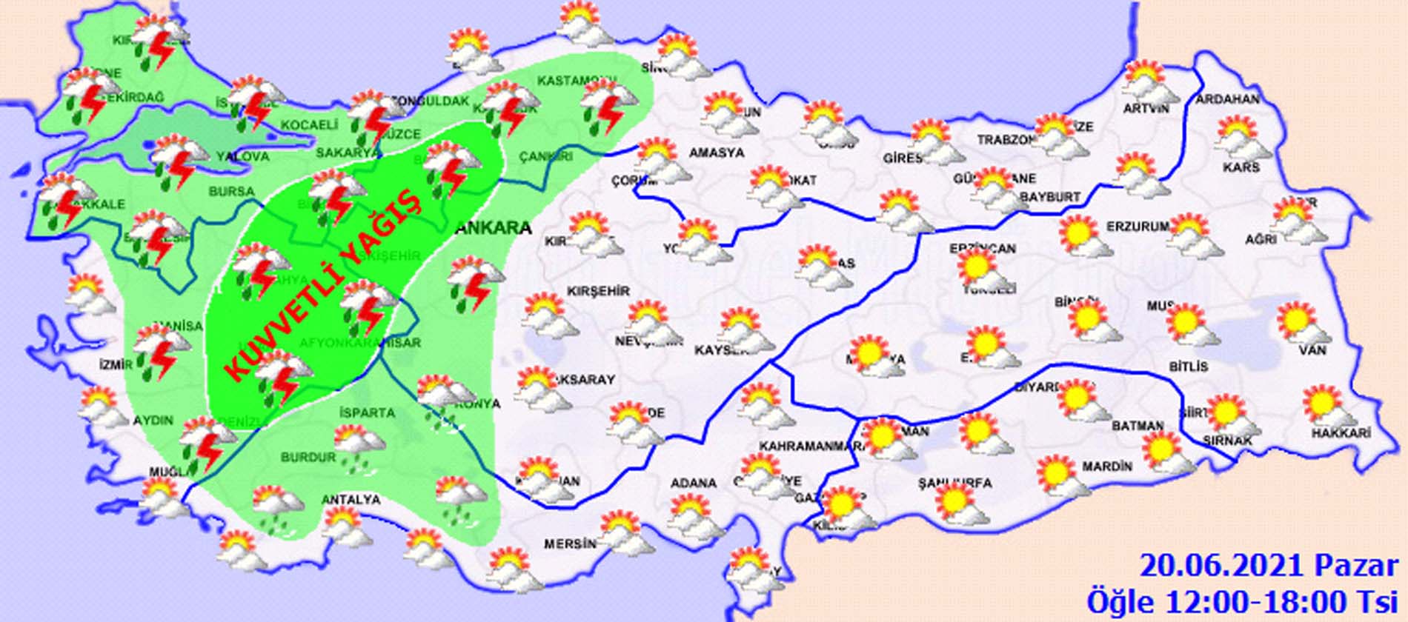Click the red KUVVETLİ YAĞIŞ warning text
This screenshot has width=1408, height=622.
point(322,285)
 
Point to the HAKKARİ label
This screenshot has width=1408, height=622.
point(1341,434)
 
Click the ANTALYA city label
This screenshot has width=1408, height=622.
point(351,501)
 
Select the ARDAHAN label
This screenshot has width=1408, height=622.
point(1227,99)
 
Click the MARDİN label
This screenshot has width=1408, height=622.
point(1107,466)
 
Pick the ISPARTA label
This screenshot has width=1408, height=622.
point(365,413)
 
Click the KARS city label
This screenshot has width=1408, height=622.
point(1241,168)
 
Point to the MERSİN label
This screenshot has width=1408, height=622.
point(570,544)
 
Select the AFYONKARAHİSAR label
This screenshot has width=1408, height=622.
point(360,343)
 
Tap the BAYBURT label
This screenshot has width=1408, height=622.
point(1050,197)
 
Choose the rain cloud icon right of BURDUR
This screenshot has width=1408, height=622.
point(360,445)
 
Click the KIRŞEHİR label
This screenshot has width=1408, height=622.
point(598,291)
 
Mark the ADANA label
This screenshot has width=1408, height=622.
point(693,484)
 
